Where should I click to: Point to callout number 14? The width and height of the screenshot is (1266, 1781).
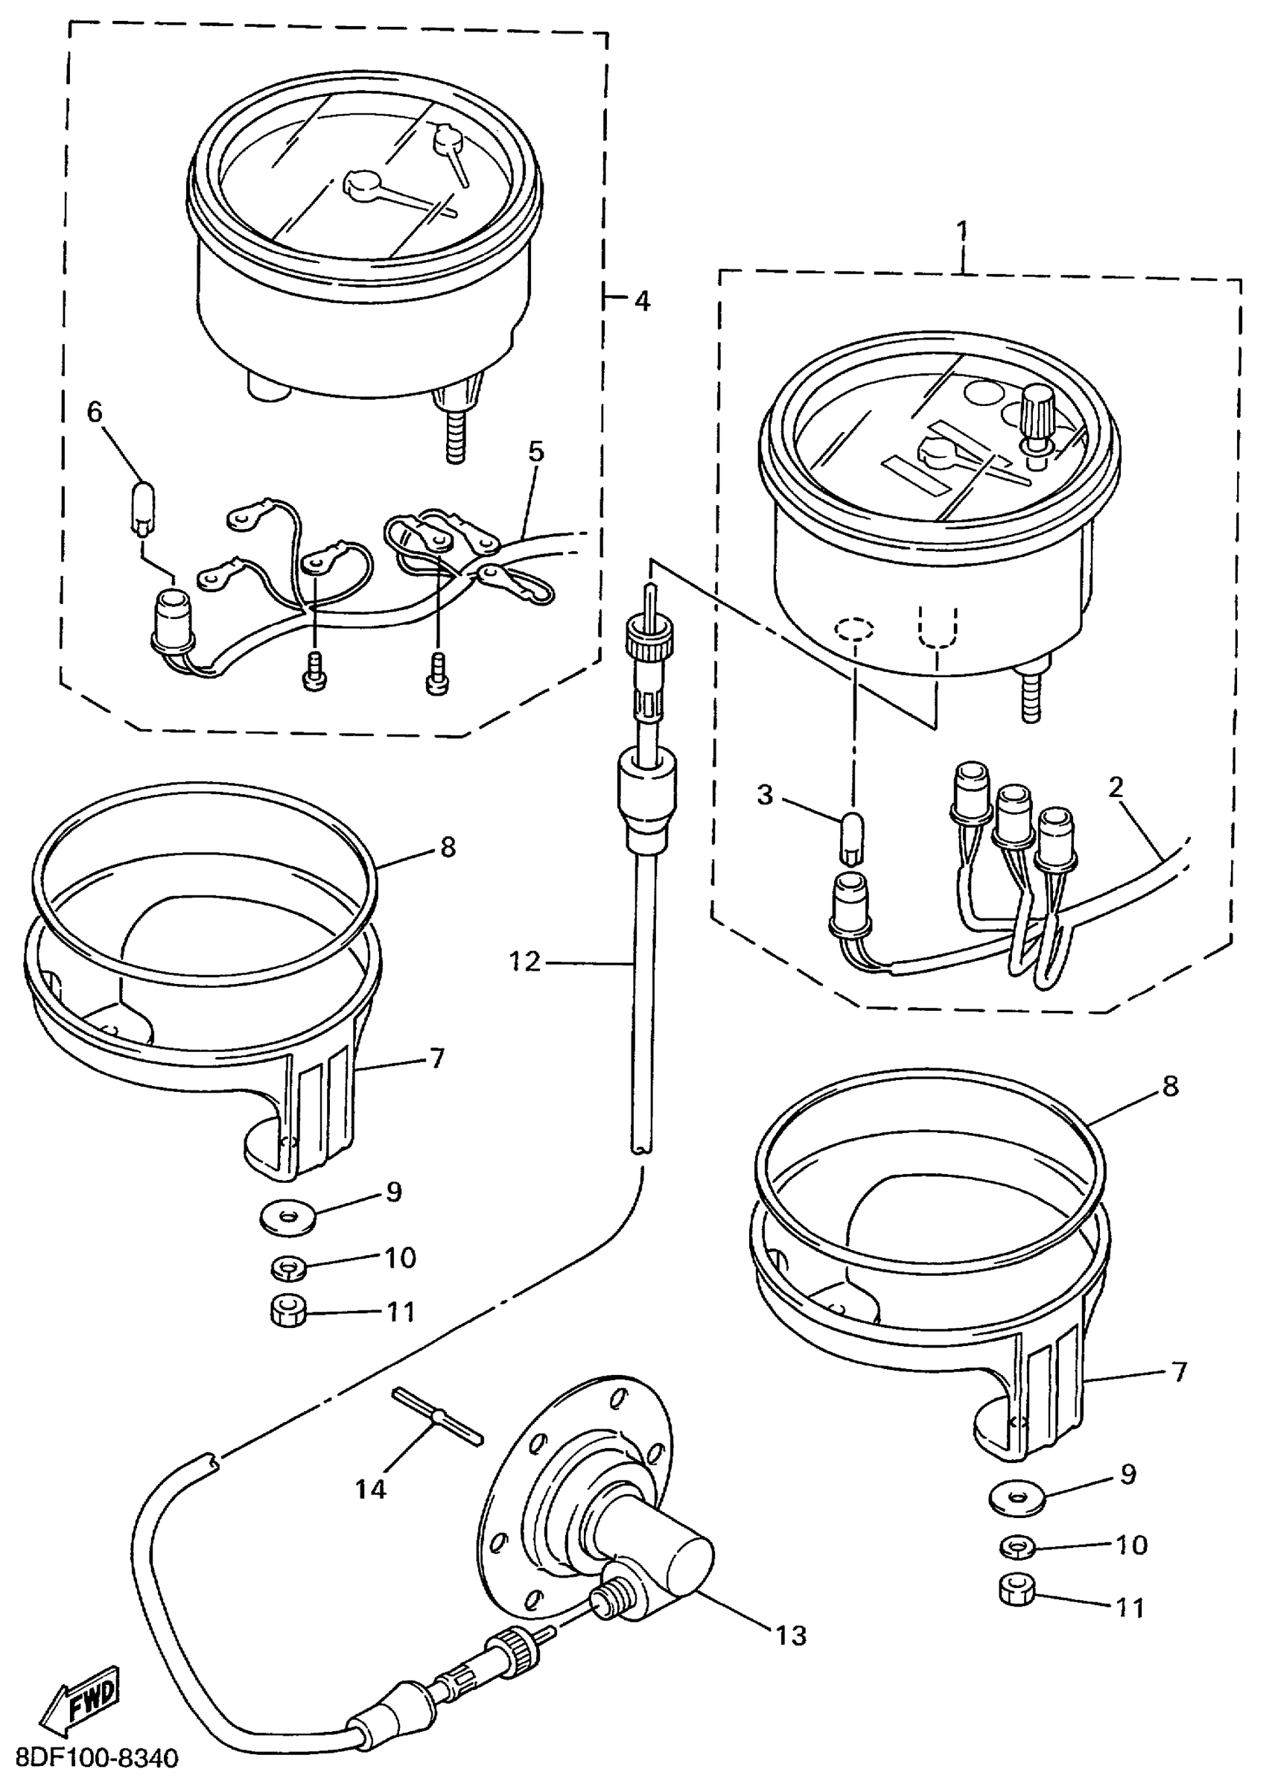(370, 1489)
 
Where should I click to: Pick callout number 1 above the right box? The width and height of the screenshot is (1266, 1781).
(963, 231)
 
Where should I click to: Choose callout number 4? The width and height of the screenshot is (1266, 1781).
(642, 301)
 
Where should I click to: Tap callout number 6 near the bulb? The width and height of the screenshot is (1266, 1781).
(95, 412)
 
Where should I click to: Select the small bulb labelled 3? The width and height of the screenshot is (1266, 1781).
(852, 837)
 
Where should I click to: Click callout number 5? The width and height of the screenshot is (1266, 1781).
(535, 451)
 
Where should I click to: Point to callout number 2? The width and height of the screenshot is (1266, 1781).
(1116, 787)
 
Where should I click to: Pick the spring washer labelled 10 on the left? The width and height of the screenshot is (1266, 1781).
(289, 1267)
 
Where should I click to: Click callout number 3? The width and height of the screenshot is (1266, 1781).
(765, 796)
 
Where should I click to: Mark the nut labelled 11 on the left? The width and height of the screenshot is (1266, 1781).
(288, 1312)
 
